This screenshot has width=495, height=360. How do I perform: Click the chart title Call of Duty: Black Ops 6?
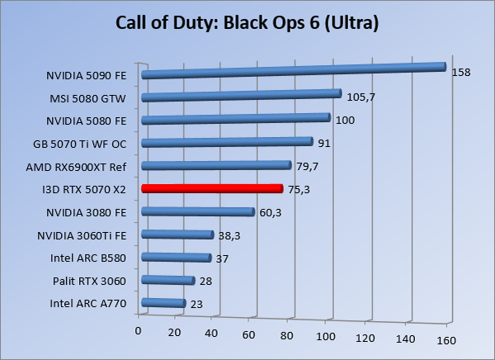[247, 23]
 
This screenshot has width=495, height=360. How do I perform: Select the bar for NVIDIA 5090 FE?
[293, 70]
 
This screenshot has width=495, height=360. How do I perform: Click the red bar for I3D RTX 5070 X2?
[212, 188]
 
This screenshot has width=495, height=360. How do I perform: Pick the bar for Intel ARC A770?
[163, 303]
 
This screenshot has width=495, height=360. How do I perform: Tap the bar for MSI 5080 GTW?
[241, 96]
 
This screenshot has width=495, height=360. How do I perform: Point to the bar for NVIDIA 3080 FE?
[198, 212]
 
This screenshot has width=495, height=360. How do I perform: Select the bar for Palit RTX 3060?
[168, 281]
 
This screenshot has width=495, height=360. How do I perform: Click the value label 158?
[461, 73]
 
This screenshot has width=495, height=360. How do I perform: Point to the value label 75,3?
[299, 189]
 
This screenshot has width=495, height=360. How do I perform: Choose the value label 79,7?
[308, 166]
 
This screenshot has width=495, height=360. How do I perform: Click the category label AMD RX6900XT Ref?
[82, 167]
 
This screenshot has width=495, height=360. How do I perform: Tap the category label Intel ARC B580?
[88, 258]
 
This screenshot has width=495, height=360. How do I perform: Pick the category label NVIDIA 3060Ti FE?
[82, 236]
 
